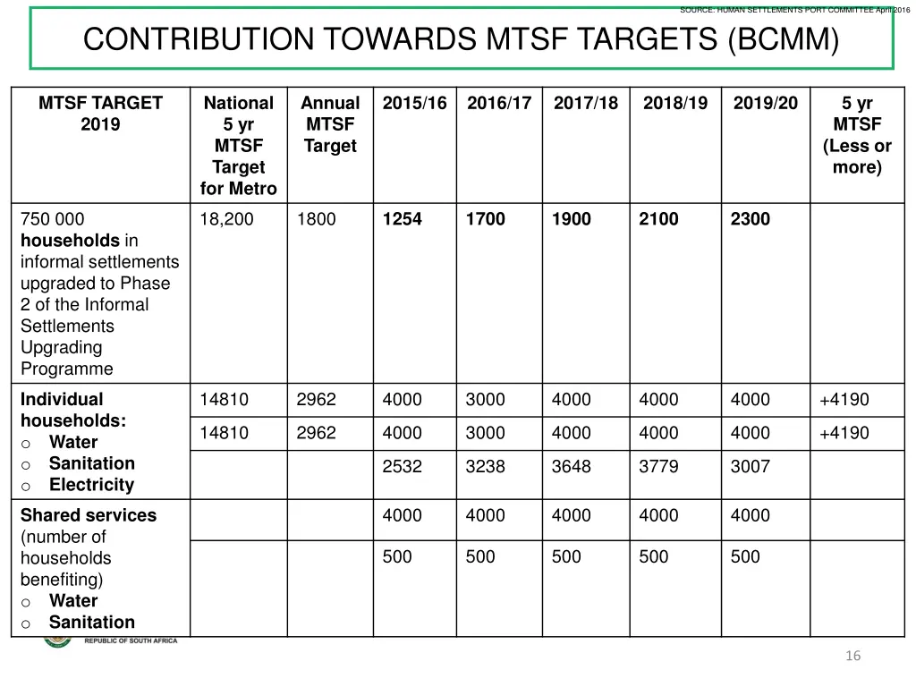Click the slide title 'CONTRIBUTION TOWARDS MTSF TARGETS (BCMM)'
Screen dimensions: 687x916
pyautogui.click(x=461, y=39)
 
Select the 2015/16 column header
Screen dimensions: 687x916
pyautogui.click(x=414, y=103)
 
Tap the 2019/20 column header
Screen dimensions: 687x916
pyautogui.click(x=765, y=103)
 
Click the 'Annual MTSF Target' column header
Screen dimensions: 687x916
pyautogui.click(x=330, y=124)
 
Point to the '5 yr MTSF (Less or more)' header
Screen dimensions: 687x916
pyautogui.click(x=857, y=135)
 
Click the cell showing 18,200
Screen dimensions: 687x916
pyautogui.click(x=226, y=219)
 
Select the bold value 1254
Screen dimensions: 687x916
pyautogui.click(x=402, y=219)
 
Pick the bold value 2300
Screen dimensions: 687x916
pyautogui.click(x=750, y=219)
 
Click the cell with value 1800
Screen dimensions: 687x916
pyautogui.click(x=316, y=219)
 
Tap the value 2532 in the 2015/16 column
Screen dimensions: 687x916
pyautogui.click(x=402, y=466)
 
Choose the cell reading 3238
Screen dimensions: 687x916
pyautogui.click(x=485, y=466)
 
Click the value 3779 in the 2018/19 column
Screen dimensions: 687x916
pyautogui.click(x=658, y=466)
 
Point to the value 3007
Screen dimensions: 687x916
pyautogui.click(x=750, y=466)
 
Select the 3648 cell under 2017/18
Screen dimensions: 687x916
pyautogui.click(x=571, y=466)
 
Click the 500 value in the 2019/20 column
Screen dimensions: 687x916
pyautogui.click(x=745, y=556)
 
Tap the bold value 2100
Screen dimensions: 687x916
pyautogui.click(x=658, y=219)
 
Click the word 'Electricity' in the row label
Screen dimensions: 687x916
pyautogui.click(x=91, y=485)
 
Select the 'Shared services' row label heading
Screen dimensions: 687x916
pyautogui.click(x=88, y=515)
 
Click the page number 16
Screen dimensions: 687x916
pyautogui.click(x=852, y=657)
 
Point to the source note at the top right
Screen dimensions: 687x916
pyautogui.click(x=794, y=10)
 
